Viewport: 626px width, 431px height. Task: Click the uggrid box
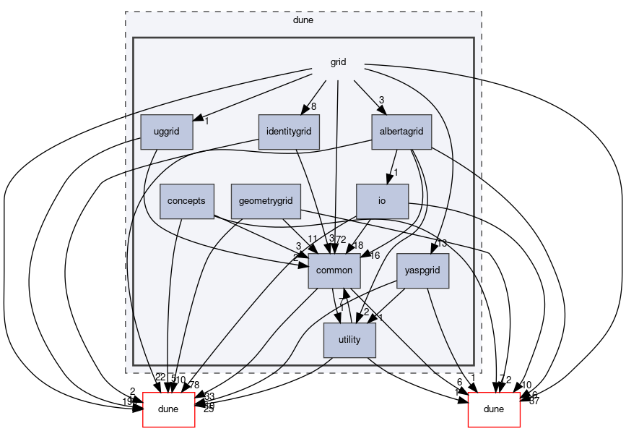coord(167,132)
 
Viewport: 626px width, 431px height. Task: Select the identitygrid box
coord(289,132)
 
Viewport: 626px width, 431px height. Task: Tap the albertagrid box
coord(401,132)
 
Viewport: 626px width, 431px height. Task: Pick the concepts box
coord(187,201)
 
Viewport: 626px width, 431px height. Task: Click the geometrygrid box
coord(266,201)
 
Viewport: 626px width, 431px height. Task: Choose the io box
coord(382,201)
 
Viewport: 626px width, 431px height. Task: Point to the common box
coord(334,270)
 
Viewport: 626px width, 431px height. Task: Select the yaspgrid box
coord(427,270)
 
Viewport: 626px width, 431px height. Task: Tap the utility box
coord(349,340)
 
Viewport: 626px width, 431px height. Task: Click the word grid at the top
coord(338,62)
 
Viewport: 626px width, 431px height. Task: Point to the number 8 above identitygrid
coord(313,108)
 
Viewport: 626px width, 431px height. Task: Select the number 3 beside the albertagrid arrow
coord(381,101)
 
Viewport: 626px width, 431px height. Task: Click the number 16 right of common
coord(375,255)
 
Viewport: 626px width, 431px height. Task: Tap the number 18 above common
coord(357,245)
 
